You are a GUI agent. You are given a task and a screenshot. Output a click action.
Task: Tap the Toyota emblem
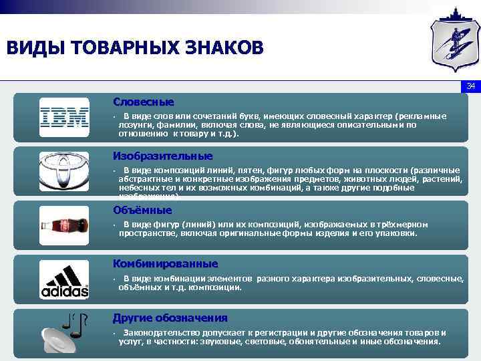point(63,171)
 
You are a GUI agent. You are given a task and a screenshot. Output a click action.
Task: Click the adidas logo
point(63,279)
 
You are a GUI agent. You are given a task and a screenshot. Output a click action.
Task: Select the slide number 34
point(470,86)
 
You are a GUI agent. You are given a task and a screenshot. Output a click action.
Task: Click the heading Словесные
point(143,102)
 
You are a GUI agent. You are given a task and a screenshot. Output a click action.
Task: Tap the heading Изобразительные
point(162,156)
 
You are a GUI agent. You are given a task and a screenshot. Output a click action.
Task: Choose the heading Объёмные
point(142,210)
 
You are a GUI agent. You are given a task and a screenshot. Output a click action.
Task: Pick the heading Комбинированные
point(165,263)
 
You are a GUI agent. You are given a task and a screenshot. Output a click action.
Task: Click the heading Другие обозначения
point(170,318)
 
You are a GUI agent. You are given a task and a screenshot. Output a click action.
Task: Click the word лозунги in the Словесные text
point(134,124)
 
